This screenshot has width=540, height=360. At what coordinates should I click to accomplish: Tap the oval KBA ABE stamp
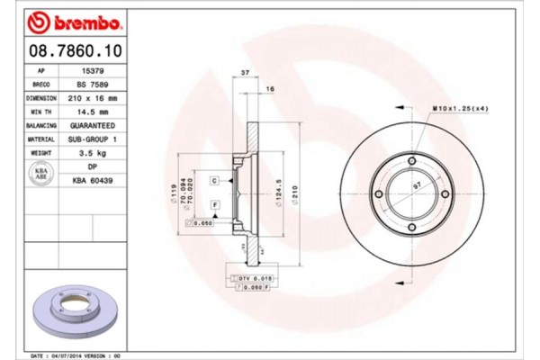click(x=40, y=174)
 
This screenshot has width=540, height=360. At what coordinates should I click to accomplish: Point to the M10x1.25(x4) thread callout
click(x=459, y=109)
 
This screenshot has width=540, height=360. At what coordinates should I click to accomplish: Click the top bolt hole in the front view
click(x=412, y=161)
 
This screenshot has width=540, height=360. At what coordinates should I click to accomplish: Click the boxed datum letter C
click(x=215, y=181)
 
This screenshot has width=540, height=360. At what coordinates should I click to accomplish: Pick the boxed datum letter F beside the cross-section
click(x=215, y=205)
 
